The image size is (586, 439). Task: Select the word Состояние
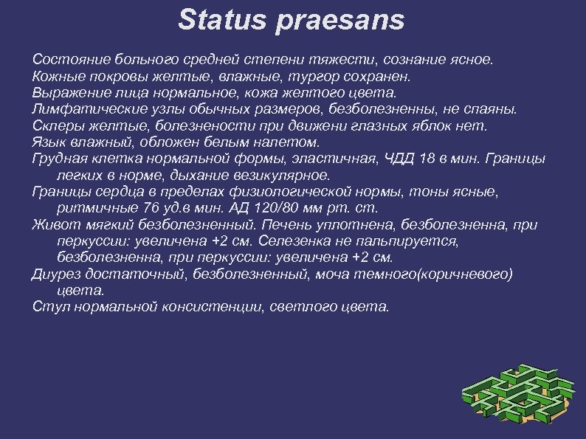[x=66, y=58]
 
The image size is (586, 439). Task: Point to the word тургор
[x=316, y=76]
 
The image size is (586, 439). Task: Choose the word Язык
[x=49, y=142]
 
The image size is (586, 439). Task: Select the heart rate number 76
[x=151, y=208]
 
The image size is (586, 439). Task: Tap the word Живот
[x=54, y=224]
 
